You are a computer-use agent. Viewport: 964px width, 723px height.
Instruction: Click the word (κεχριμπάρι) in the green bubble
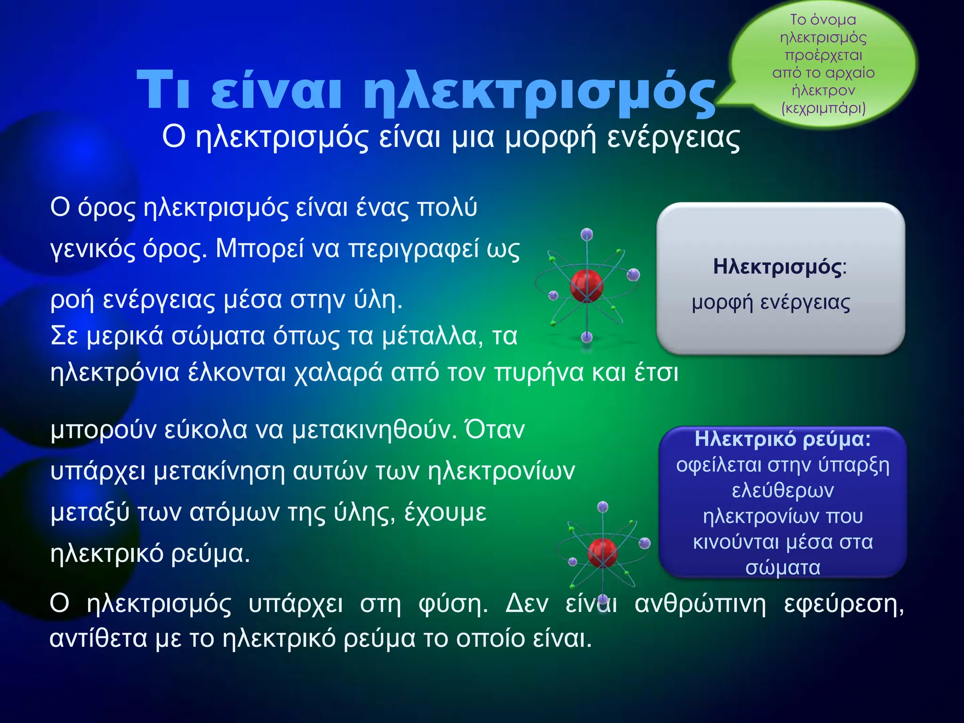(823, 108)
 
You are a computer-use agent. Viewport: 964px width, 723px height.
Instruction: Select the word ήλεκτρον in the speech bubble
(823, 90)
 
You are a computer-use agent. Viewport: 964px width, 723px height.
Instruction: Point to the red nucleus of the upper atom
(586, 285)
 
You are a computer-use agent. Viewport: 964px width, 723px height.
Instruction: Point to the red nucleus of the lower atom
(602, 553)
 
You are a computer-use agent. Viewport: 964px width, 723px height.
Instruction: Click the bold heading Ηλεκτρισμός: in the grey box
(779, 266)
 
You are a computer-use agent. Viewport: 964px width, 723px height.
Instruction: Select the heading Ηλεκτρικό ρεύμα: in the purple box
(783, 439)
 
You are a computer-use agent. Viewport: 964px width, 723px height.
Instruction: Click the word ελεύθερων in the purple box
(783, 490)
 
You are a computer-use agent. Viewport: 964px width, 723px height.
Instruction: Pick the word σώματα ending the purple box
(783, 568)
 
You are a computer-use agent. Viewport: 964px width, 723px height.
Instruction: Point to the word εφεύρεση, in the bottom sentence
(843, 604)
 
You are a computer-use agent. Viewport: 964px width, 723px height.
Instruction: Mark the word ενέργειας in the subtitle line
(673, 137)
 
